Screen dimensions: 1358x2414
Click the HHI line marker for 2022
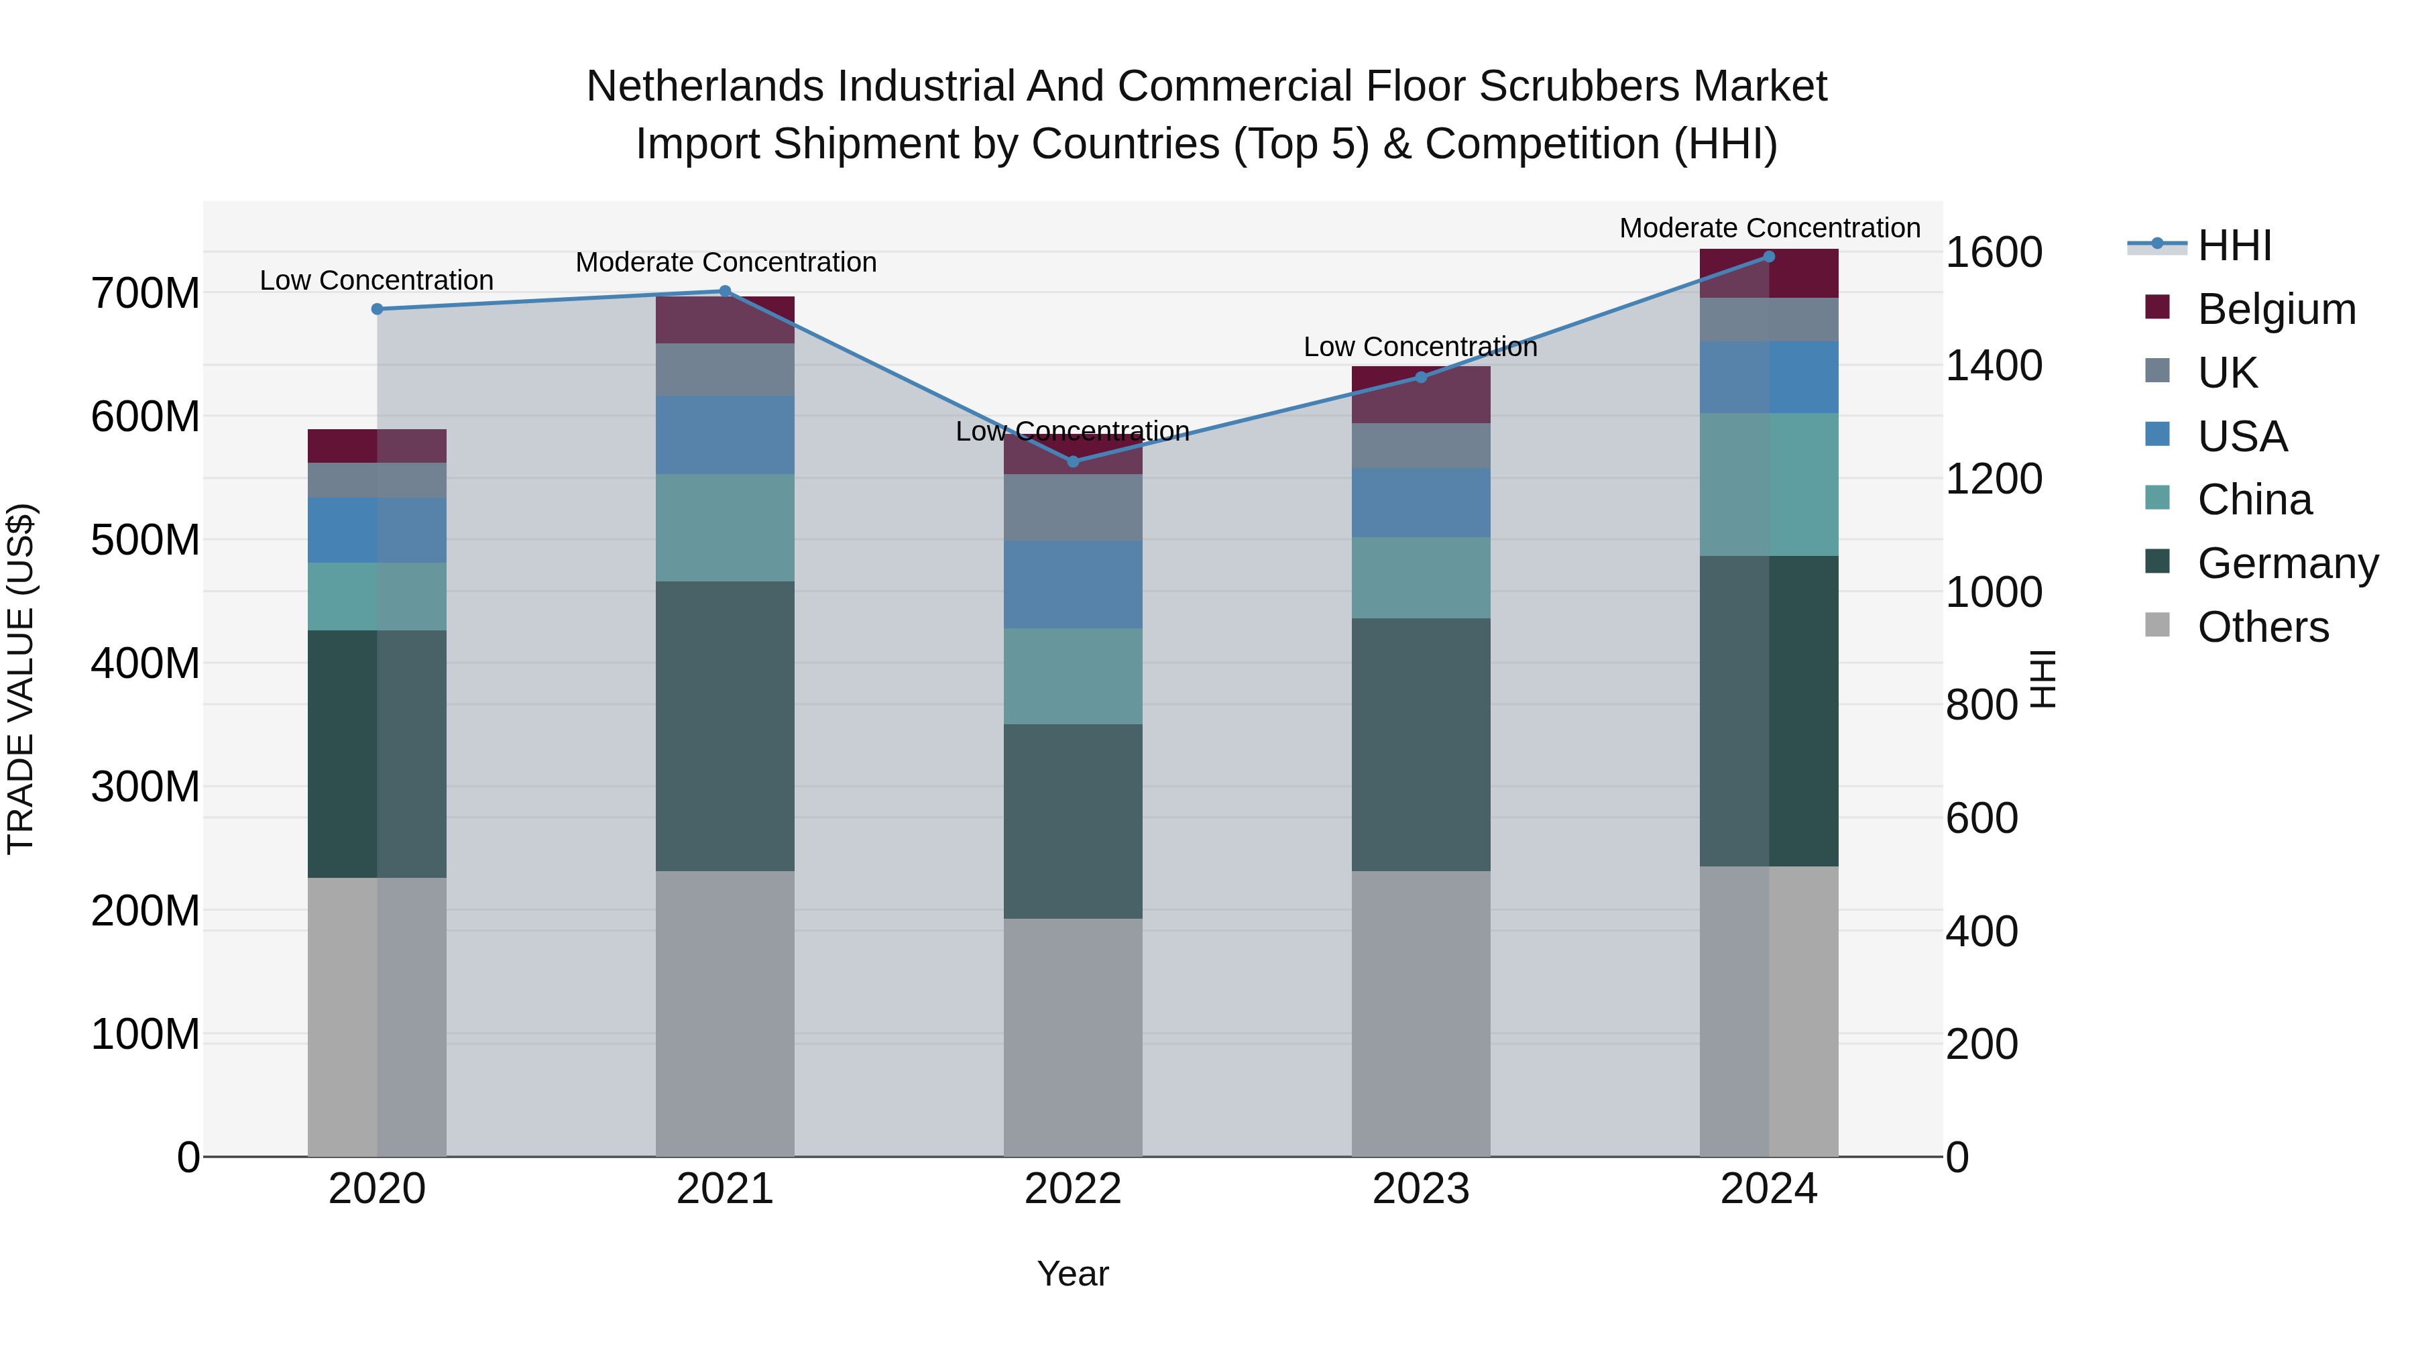point(1073,461)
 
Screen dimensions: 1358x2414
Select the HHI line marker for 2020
point(377,308)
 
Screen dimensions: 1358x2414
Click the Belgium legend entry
point(2275,309)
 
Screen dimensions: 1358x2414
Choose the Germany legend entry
point(2287,563)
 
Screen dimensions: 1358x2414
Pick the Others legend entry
point(2262,627)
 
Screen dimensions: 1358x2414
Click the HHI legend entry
point(2234,245)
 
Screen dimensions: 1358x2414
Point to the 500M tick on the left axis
point(146,540)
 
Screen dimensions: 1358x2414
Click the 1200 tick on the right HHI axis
point(1994,479)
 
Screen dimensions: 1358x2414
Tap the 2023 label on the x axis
point(1421,1189)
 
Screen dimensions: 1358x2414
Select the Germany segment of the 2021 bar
point(724,726)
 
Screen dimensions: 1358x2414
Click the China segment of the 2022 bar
point(1073,676)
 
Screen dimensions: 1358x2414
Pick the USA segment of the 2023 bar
point(1421,502)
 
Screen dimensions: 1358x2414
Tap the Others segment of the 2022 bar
point(1073,1037)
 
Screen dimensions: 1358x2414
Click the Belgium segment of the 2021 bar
point(724,320)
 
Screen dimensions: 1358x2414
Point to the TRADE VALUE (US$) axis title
point(21,679)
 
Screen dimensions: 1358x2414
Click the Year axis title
point(1073,1274)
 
